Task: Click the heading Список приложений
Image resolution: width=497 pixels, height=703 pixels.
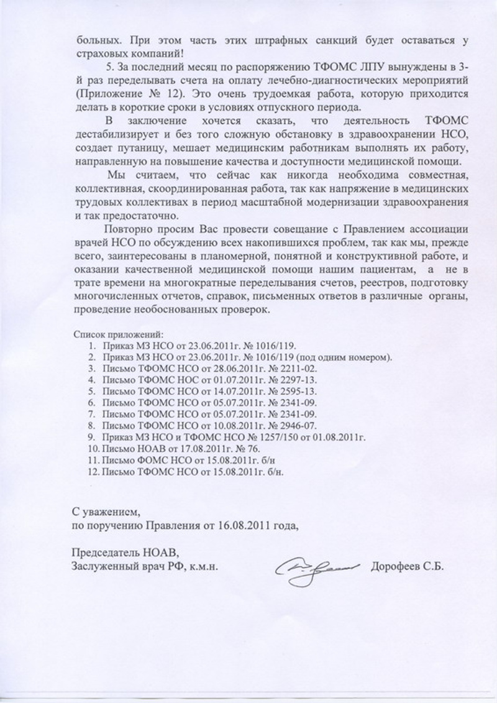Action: (x=119, y=334)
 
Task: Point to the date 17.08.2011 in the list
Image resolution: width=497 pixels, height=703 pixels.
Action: (x=186, y=449)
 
